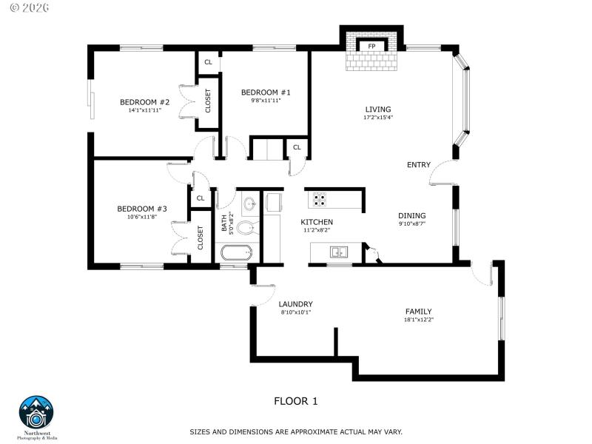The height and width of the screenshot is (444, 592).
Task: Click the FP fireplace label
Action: click(371, 46)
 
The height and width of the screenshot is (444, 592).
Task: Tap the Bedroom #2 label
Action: click(145, 102)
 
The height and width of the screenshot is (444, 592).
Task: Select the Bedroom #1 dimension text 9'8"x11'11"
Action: click(266, 100)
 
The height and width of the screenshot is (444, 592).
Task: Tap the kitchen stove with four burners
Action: click(320, 198)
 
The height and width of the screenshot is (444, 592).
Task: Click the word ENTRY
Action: click(418, 165)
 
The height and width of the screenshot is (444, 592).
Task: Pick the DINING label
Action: click(412, 216)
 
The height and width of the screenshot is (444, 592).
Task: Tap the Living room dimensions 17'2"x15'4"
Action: click(377, 117)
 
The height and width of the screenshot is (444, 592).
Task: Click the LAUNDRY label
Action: click(295, 304)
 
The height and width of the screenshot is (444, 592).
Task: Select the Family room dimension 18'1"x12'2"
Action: click(418, 320)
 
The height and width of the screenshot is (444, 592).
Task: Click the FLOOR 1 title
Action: click(296, 401)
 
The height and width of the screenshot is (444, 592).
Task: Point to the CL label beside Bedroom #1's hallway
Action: click(297, 147)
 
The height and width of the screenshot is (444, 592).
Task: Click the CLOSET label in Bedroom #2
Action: click(208, 101)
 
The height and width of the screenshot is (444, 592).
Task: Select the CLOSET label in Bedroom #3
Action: click(201, 237)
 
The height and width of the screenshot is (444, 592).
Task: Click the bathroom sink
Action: click(249, 201)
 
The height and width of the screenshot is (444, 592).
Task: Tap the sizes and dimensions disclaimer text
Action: click(296, 431)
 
